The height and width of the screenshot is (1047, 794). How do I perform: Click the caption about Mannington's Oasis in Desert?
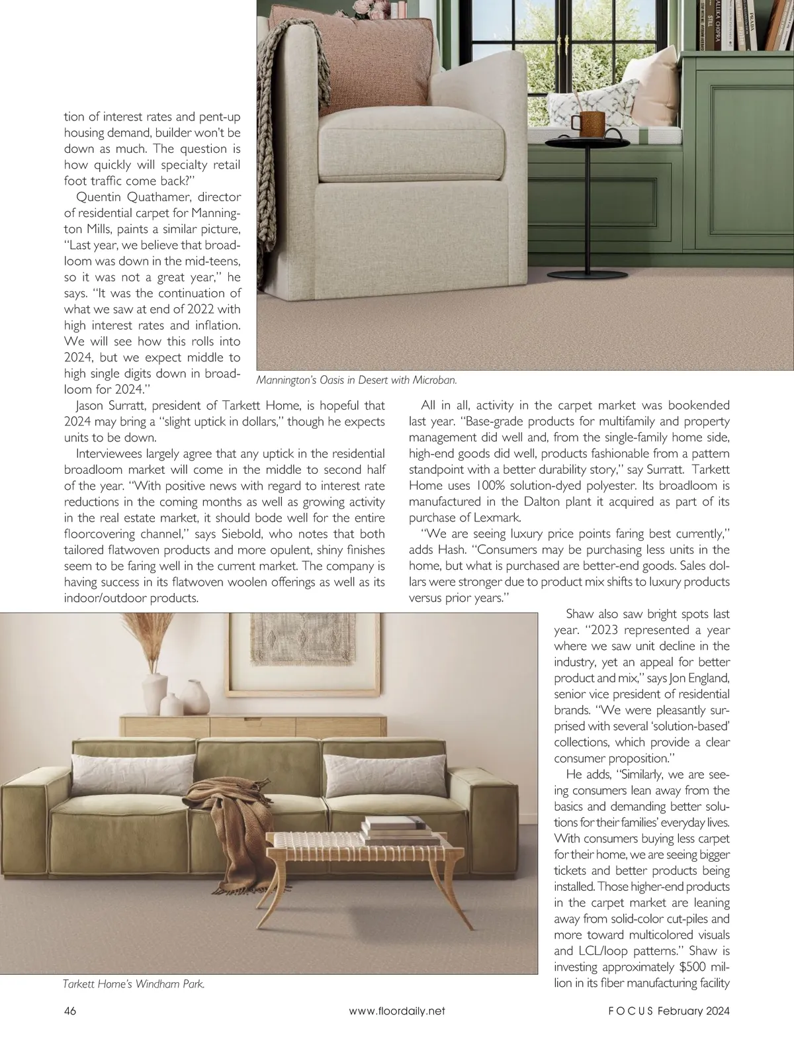(357, 381)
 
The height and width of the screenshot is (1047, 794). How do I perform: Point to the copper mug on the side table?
(585, 122)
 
